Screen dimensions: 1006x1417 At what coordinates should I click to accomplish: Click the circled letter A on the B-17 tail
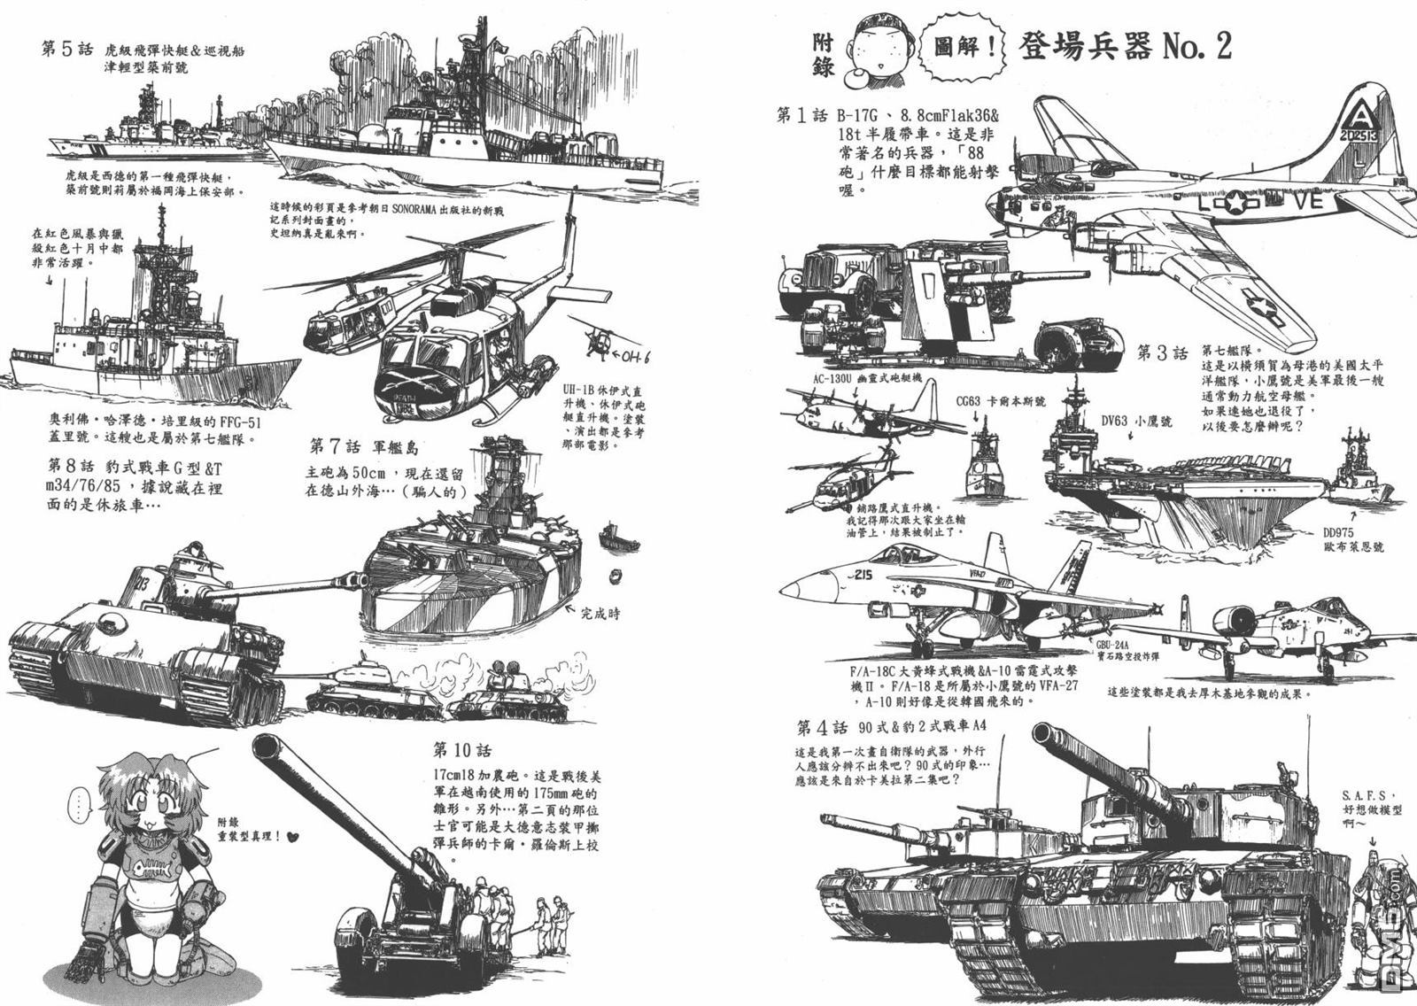(1358, 114)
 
